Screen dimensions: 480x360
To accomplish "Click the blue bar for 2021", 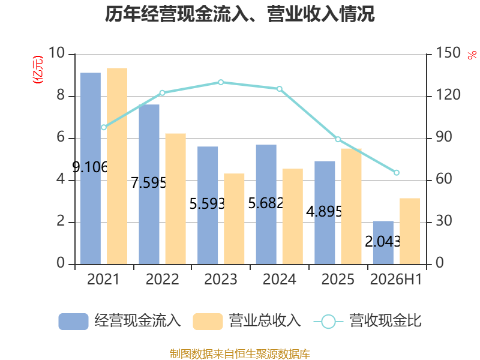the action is click(x=91, y=169).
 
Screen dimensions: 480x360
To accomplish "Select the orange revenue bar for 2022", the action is click(x=175, y=199).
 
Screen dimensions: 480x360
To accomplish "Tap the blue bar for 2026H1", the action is click(x=383, y=242).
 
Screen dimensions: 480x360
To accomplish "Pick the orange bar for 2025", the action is click(x=351, y=206).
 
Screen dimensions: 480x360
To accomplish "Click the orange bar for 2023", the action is click(x=234, y=219).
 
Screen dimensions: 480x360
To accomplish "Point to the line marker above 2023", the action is click(x=221, y=82).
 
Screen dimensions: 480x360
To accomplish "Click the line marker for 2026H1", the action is click(x=397, y=173).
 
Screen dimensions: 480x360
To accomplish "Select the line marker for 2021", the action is click(x=104, y=127).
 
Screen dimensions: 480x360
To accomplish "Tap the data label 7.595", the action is click(x=149, y=183).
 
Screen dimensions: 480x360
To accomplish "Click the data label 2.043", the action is click(x=383, y=242).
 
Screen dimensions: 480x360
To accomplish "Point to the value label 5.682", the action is click(x=266, y=203).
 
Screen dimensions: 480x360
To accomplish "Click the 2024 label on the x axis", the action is click(x=280, y=279).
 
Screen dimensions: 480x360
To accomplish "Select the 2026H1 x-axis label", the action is click(x=396, y=279).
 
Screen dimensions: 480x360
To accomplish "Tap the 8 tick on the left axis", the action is click(x=61, y=95).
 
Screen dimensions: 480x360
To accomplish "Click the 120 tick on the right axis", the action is click(x=448, y=95).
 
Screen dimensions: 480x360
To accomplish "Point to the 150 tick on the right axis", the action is click(x=448, y=53).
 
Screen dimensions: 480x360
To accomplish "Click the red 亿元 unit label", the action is click(x=38, y=70).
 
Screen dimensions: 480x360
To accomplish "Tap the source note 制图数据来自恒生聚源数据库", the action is click(x=240, y=353).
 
